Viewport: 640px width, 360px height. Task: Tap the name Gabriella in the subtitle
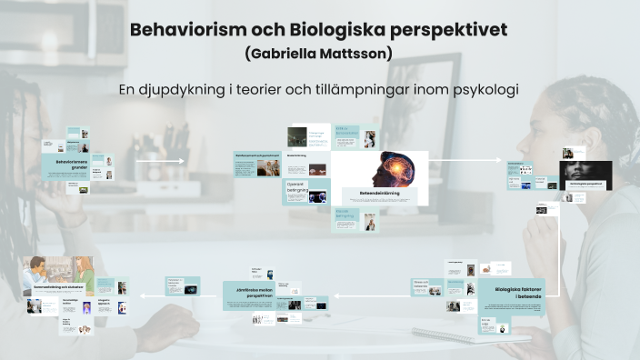point(283,54)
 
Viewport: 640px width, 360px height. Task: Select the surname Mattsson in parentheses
point(355,54)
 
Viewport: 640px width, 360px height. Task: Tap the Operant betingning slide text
point(295,186)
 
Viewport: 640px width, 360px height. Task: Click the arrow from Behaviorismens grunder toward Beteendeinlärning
point(159,163)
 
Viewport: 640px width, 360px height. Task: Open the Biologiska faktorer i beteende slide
point(511,293)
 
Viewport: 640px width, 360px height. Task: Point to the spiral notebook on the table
point(455,335)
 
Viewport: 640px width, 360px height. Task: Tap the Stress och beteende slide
point(422,285)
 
